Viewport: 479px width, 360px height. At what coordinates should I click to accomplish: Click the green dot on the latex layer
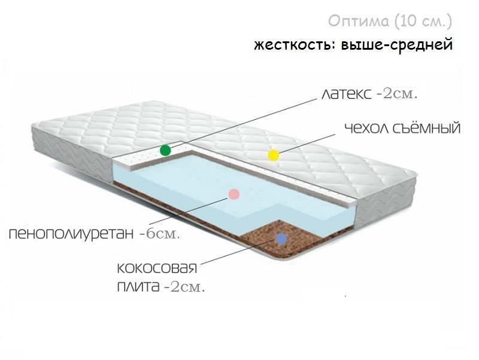(165, 149)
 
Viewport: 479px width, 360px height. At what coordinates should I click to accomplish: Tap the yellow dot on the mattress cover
(273, 156)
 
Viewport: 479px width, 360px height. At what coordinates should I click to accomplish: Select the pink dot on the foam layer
(234, 194)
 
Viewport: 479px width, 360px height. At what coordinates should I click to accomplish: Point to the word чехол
(364, 129)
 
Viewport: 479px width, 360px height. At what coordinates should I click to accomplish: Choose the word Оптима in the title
(357, 22)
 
